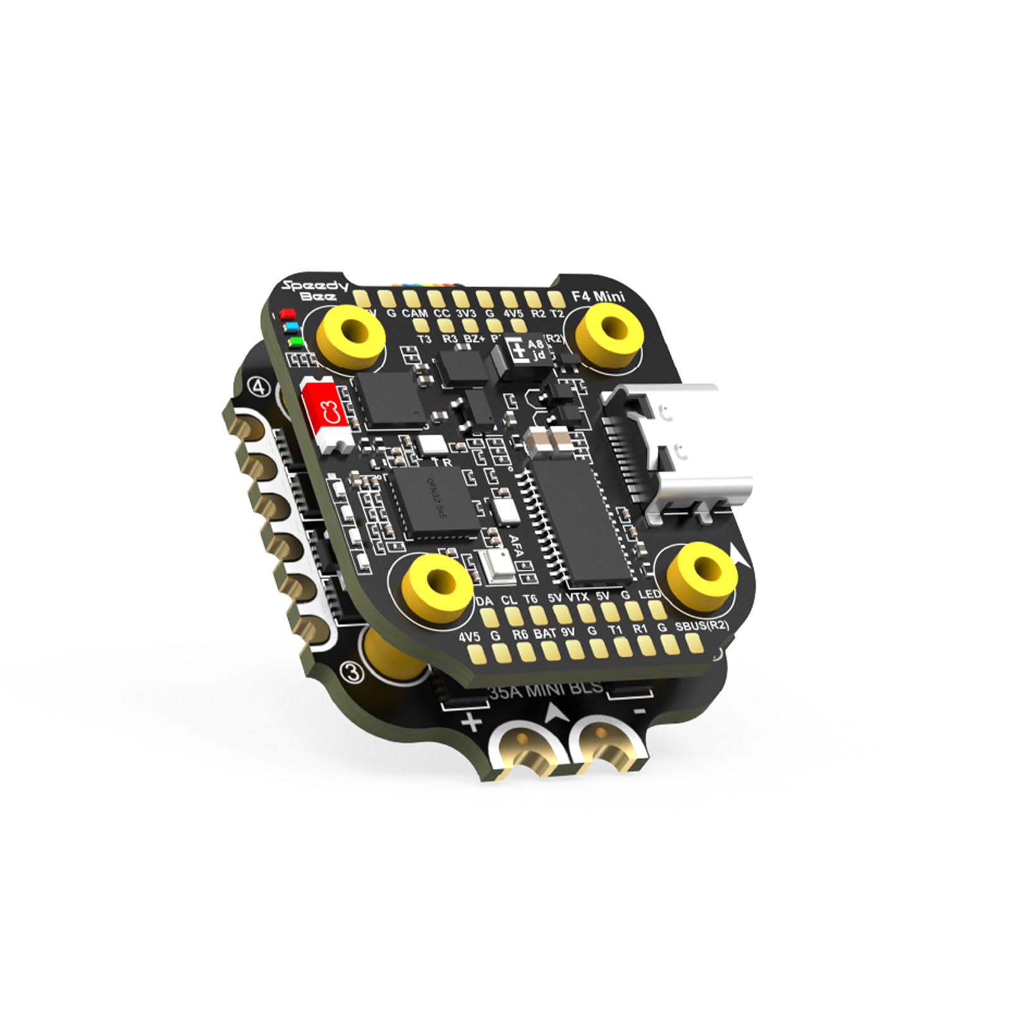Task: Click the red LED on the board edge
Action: pyautogui.click(x=288, y=314)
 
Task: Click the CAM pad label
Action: pyautogui.click(x=415, y=313)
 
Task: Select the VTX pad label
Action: pyautogui.click(x=578, y=596)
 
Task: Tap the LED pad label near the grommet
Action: pyautogui.click(x=650, y=595)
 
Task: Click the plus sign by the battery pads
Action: pyautogui.click(x=472, y=722)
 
